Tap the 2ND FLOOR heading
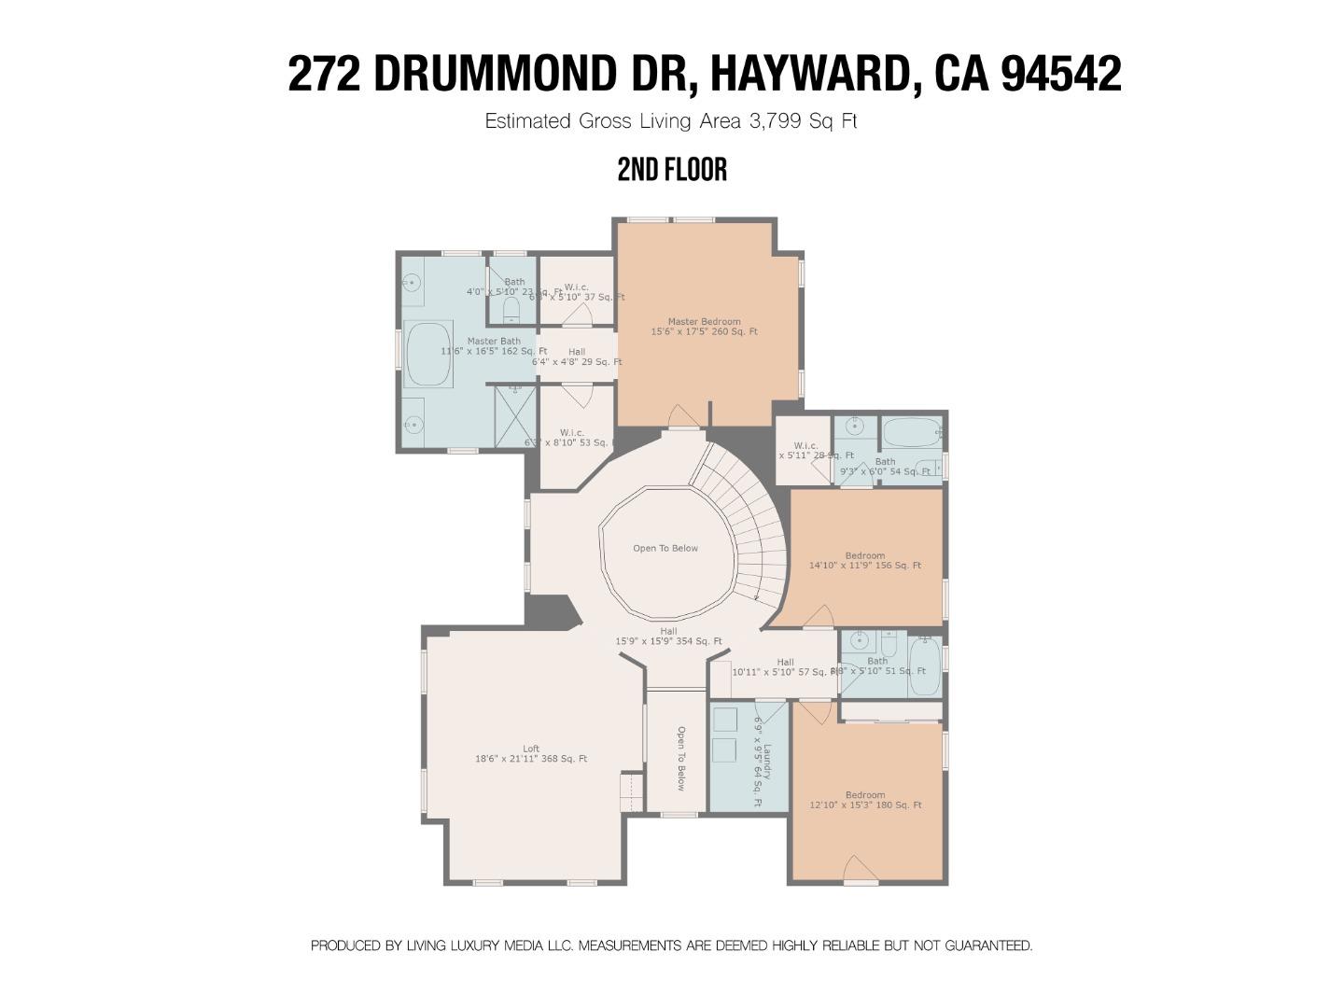672,170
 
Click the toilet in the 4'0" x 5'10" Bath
511,307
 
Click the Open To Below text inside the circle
665,548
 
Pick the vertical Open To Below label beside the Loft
680,758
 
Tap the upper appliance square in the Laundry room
724,719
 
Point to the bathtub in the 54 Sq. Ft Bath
911,432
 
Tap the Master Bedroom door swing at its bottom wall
683,417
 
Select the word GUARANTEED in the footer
988,945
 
